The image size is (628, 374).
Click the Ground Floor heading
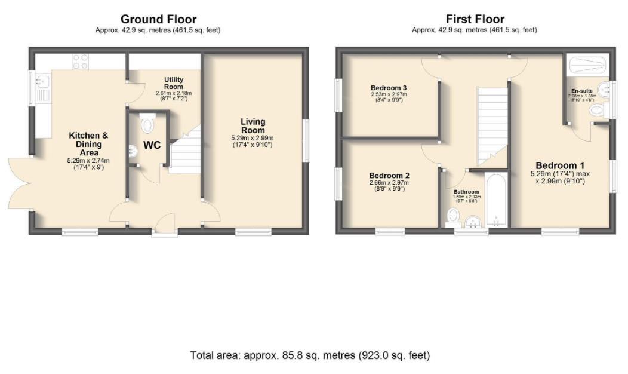pyautogui.click(x=158, y=19)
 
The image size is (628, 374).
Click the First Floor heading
pyautogui.click(x=475, y=19)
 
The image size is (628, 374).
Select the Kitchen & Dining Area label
pyautogui.click(x=88, y=144)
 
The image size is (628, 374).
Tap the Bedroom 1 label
pyautogui.click(x=560, y=165)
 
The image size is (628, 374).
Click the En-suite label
pyautogui.click(x=582, y=91)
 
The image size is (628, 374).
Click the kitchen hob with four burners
pyautogui.click(x=81, y=61)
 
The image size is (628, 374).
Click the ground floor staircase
pyautogui.click(x=183, y=154)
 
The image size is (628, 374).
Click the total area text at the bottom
pyautogui.click(x=310, y=355)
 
